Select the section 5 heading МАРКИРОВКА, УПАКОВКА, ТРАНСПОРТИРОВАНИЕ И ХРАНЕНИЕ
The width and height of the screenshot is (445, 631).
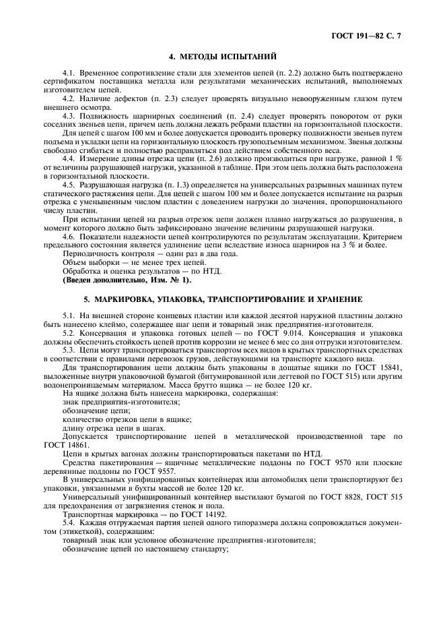point(223,298)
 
